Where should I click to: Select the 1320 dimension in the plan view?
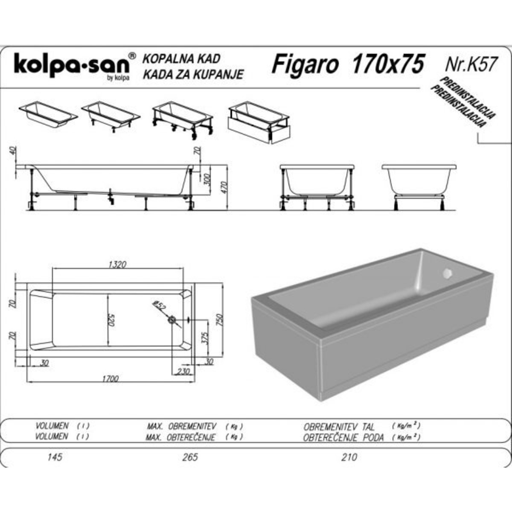point(117,264)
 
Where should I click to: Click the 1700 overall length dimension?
point(110,378)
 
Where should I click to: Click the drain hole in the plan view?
point(172,320)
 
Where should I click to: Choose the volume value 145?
point(55,457)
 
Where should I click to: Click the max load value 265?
point(190,457)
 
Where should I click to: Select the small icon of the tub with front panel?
point(259,122)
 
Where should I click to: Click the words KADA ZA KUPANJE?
point(193,75)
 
